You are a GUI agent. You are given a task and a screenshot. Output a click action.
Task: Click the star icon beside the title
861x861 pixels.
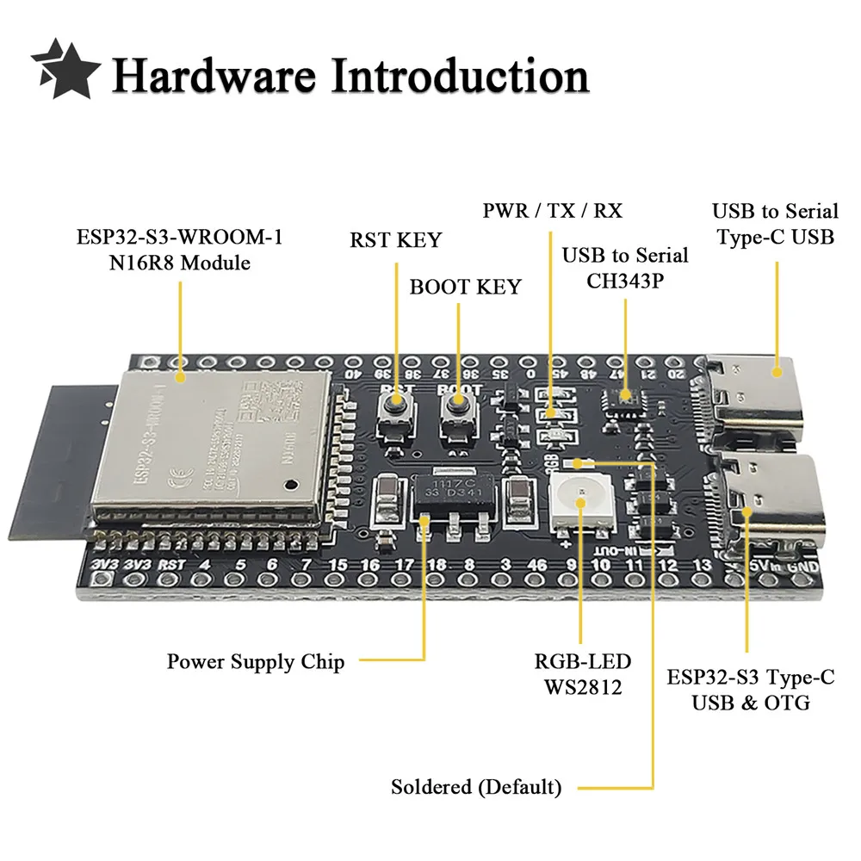(x=66, y=68)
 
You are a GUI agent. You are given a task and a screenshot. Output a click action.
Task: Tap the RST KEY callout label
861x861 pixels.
(x=395, y=240)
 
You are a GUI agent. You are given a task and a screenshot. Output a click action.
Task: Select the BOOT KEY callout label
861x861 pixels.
(x=465, y=287)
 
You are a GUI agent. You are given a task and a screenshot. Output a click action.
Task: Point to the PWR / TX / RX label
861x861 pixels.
(x=551, y=210)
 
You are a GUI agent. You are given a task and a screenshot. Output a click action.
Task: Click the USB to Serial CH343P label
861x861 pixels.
(x=625, y=267)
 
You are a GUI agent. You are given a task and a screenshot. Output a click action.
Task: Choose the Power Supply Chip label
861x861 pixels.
(x=256, y=662)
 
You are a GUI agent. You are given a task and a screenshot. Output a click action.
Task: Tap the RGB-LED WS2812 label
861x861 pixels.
(x=582, y=674)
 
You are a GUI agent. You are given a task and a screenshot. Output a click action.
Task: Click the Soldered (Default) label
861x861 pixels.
(x=476, y=787)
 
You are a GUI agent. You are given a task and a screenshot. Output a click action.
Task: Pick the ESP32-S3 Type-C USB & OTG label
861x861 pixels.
(x=751, y=690)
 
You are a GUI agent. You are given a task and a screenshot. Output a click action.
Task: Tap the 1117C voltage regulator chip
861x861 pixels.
(x=449, y=493)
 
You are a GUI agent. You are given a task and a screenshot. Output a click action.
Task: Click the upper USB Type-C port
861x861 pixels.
(x=758, y=396)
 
